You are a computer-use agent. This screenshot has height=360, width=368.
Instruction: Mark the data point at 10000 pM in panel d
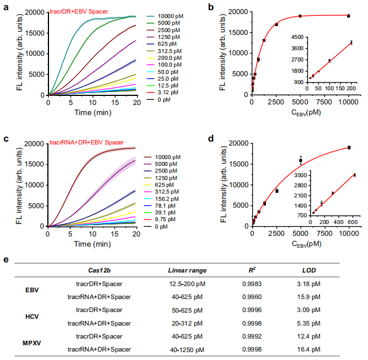[x=349, y=148]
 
